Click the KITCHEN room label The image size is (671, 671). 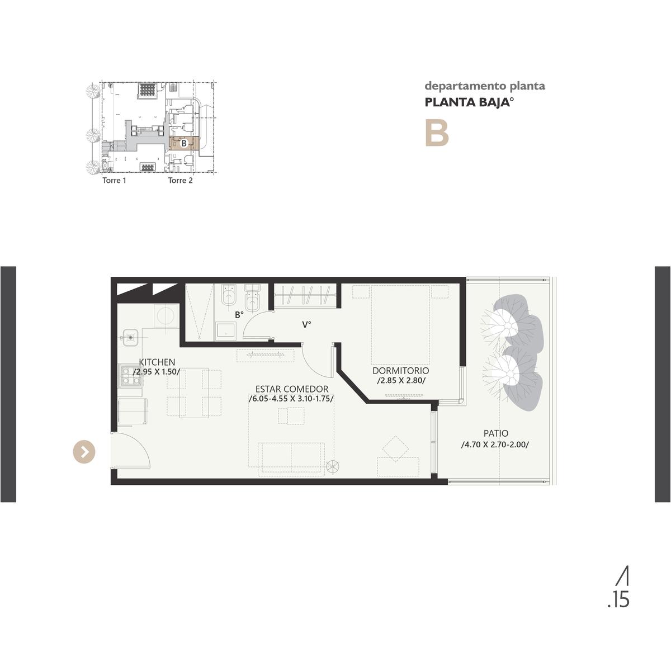157,362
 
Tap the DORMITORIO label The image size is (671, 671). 400,371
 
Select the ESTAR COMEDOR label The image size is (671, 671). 292,389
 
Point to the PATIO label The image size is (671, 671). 496,433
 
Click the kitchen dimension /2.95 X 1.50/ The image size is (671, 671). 157,372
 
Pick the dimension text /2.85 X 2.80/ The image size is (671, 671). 401,381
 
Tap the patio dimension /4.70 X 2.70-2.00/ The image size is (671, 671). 495,445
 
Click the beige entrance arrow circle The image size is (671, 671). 84,452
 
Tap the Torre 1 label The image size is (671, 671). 114,181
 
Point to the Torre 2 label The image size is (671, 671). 181,181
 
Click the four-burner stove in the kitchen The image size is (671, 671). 131,376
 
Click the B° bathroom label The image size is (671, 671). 239,315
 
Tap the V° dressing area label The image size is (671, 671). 306,325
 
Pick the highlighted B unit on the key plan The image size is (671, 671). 184,143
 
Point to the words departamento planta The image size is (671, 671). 485,86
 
